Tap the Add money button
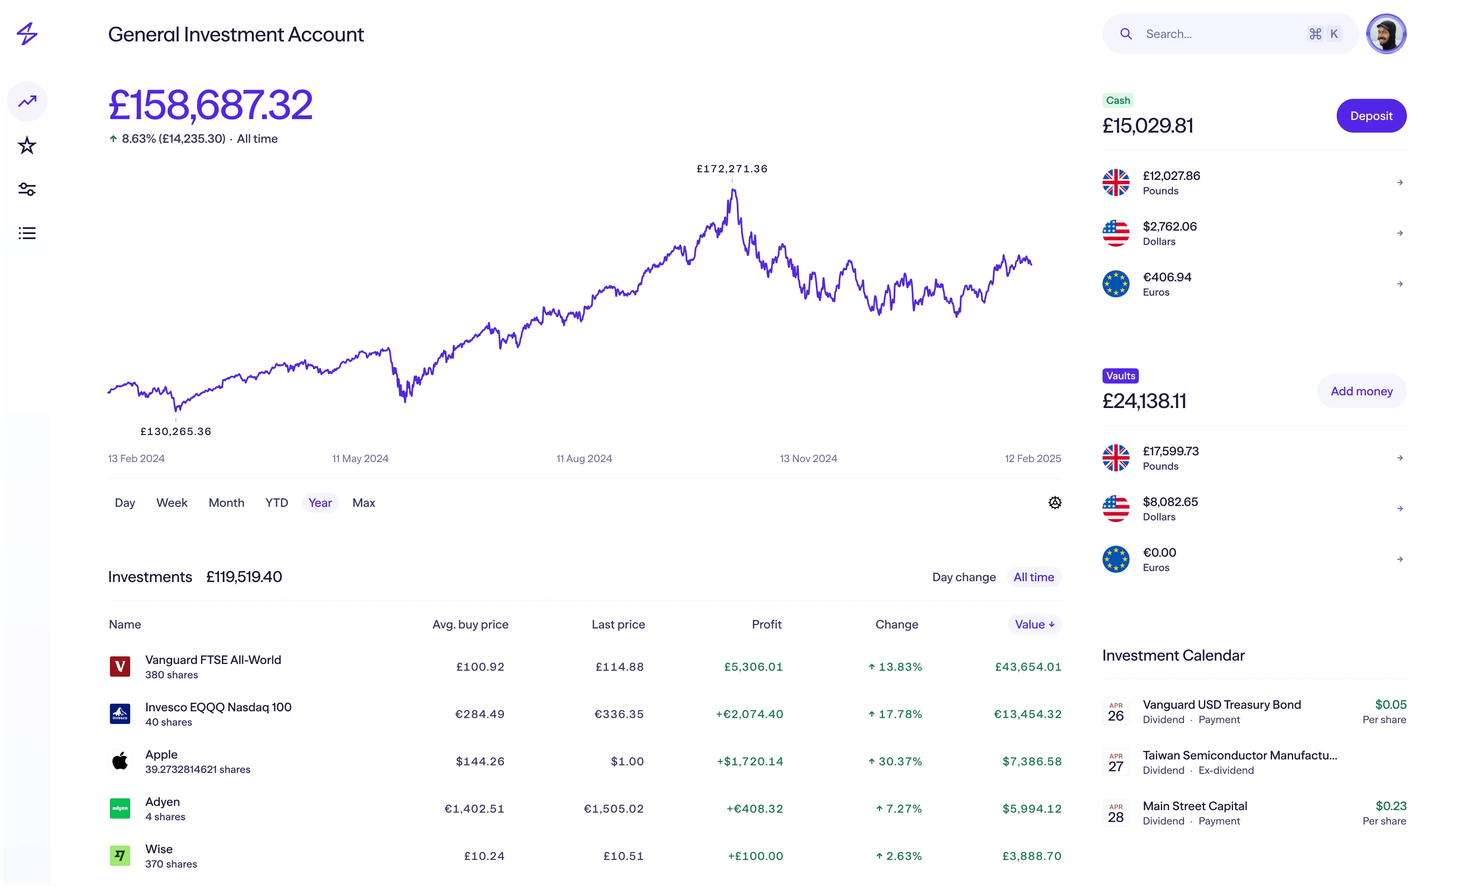point(1361,391)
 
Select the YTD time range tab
point(276,503)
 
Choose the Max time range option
point(364,503)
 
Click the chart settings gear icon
point(1054,503)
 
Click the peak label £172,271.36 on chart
point(732,169)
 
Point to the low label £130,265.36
point(175,431)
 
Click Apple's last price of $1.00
point(627,762)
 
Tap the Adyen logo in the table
point(120,808)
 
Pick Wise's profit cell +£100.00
point(755,856)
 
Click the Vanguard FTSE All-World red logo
point(120,667)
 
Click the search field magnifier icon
point(1125,34)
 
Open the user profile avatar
point(1386,34)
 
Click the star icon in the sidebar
point(27,145)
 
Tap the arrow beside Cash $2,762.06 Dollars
point(1399,234)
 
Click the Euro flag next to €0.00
point(1115,559)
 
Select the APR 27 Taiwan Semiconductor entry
point(1239,762)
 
